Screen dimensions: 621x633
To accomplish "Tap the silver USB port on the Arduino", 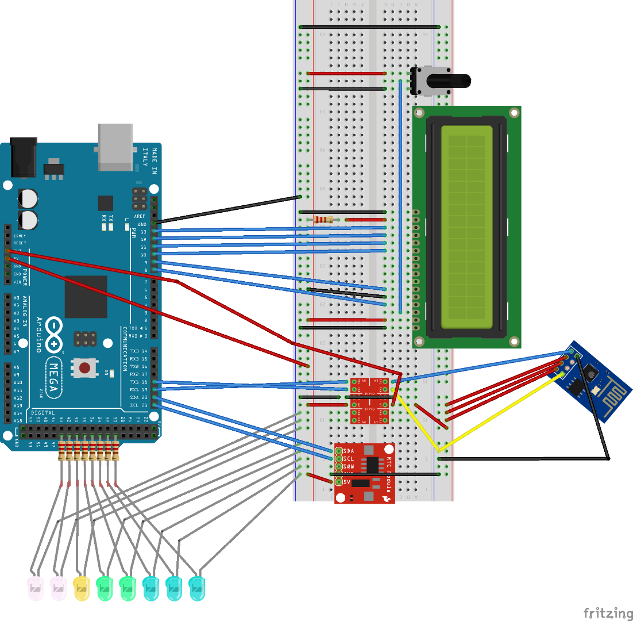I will (115, 147).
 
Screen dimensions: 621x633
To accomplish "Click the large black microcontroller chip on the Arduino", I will (86, 297).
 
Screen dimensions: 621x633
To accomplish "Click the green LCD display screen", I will (466, 227).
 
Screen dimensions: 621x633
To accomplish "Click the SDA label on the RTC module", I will (348, 450).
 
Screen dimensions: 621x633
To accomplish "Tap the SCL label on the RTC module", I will (348, 458).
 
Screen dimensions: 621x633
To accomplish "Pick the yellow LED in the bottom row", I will (82, 588).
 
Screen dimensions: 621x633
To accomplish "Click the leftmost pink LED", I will (35, 589).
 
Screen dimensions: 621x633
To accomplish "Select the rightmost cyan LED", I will (196, 588).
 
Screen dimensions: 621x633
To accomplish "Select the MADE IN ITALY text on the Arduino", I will (149, 161).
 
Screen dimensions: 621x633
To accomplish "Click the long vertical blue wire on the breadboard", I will (400, 195).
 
